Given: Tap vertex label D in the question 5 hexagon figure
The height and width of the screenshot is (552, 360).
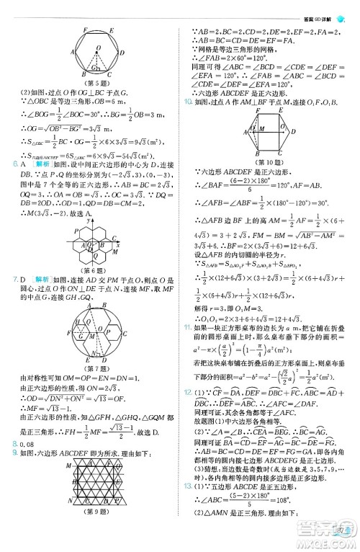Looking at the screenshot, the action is (123, 53).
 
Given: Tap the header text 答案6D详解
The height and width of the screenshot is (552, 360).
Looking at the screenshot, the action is (319, 6).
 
